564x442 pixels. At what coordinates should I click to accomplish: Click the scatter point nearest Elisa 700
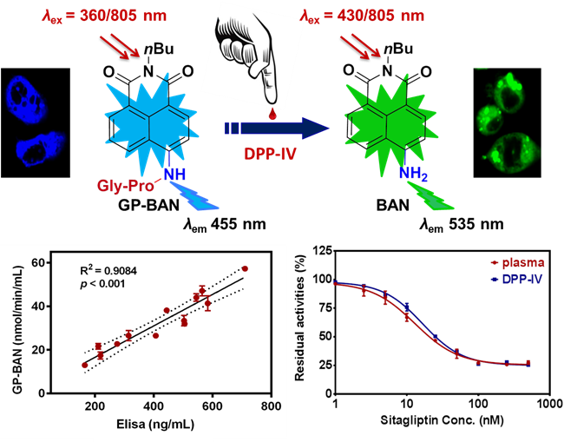tap(246, 269)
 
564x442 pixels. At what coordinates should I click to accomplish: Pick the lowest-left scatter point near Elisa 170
tap(84, 366)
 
